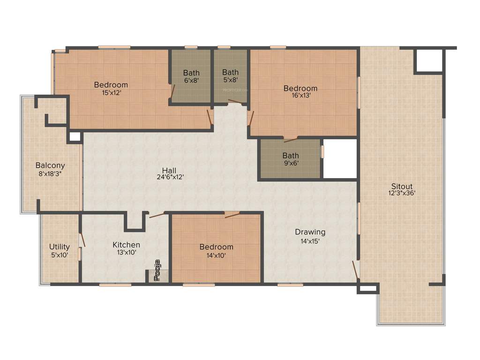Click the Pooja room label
[158, 270]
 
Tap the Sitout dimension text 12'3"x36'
[402, 193]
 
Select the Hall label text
[169, 170]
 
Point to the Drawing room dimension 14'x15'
[310, 241]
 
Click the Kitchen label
[126, 245]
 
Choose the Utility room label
[60, 247]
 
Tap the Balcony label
[50, 165]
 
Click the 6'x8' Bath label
[191, 73]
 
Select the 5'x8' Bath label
[230, 72]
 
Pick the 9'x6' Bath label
[291, 156]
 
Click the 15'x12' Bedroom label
[111, 85]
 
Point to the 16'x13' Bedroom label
[300, 88]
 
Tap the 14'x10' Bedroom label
[216, 247]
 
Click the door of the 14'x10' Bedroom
[232, 215]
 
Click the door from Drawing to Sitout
[355, 270]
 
